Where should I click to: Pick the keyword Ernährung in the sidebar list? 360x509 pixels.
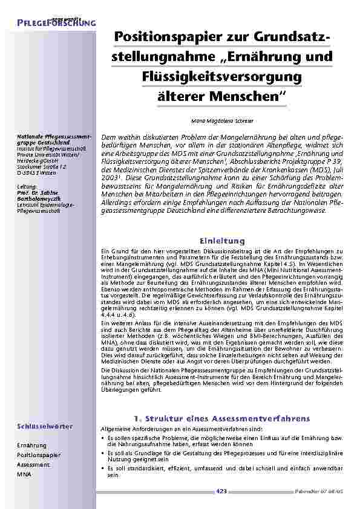(x=31, y=446)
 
